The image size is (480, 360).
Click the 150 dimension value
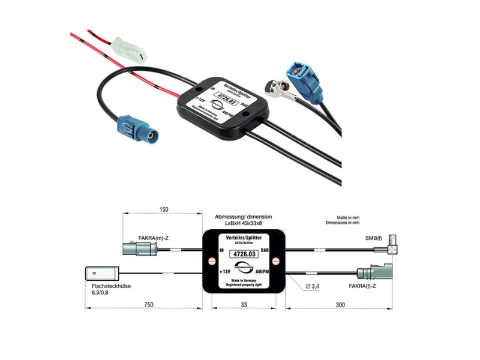click(164, 209)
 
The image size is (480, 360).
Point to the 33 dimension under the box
click(244, 305)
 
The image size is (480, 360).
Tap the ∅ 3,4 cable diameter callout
click(314, 287)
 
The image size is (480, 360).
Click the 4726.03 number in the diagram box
click(244, 255)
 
